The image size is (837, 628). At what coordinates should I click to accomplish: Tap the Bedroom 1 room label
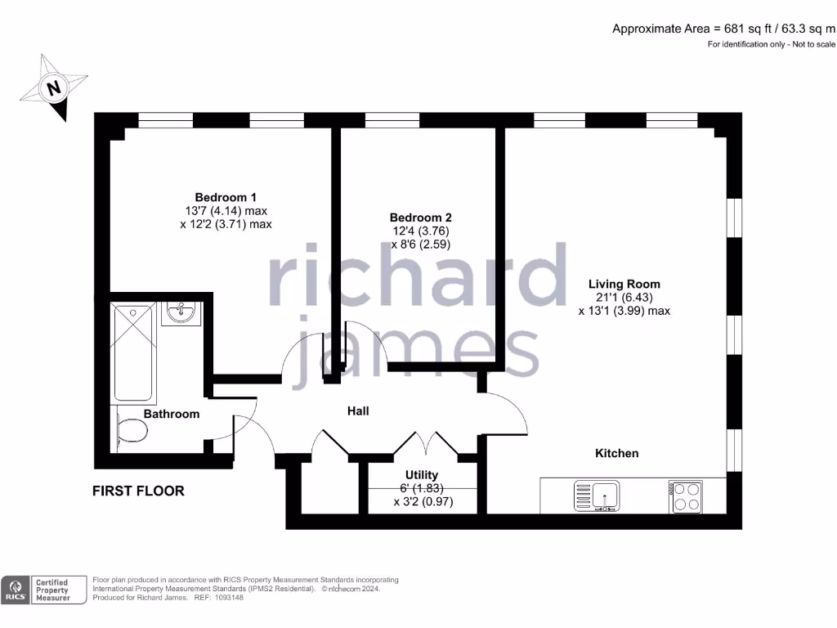(x=226, y=197)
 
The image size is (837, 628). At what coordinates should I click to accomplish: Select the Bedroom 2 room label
(x=420, y=218)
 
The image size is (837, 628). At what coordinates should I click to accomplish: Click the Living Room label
(x=624, y=284)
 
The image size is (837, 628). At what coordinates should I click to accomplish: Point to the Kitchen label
(x=616, y=453)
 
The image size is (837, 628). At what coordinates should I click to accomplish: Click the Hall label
(x=358, y=410)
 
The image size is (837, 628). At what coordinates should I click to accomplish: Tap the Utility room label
(x=422, y=475)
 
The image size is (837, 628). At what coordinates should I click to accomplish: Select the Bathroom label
(x=172, y=414)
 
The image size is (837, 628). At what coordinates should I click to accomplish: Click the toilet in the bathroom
(x=131, y=431)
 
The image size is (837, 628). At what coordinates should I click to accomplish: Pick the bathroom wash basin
(x=181, y=312)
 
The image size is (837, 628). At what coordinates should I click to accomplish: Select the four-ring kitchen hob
(x=684, y=496)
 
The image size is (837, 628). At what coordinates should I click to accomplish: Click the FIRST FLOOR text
(x=138, y=491)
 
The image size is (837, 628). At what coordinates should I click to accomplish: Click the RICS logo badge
(x=16, y=590)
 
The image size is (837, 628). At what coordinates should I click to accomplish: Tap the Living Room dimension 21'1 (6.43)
(x=624, y=298)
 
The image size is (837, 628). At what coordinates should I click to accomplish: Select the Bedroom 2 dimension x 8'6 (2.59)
(x=421, y=244)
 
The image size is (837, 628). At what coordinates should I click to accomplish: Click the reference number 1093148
(x=227, y=598)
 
